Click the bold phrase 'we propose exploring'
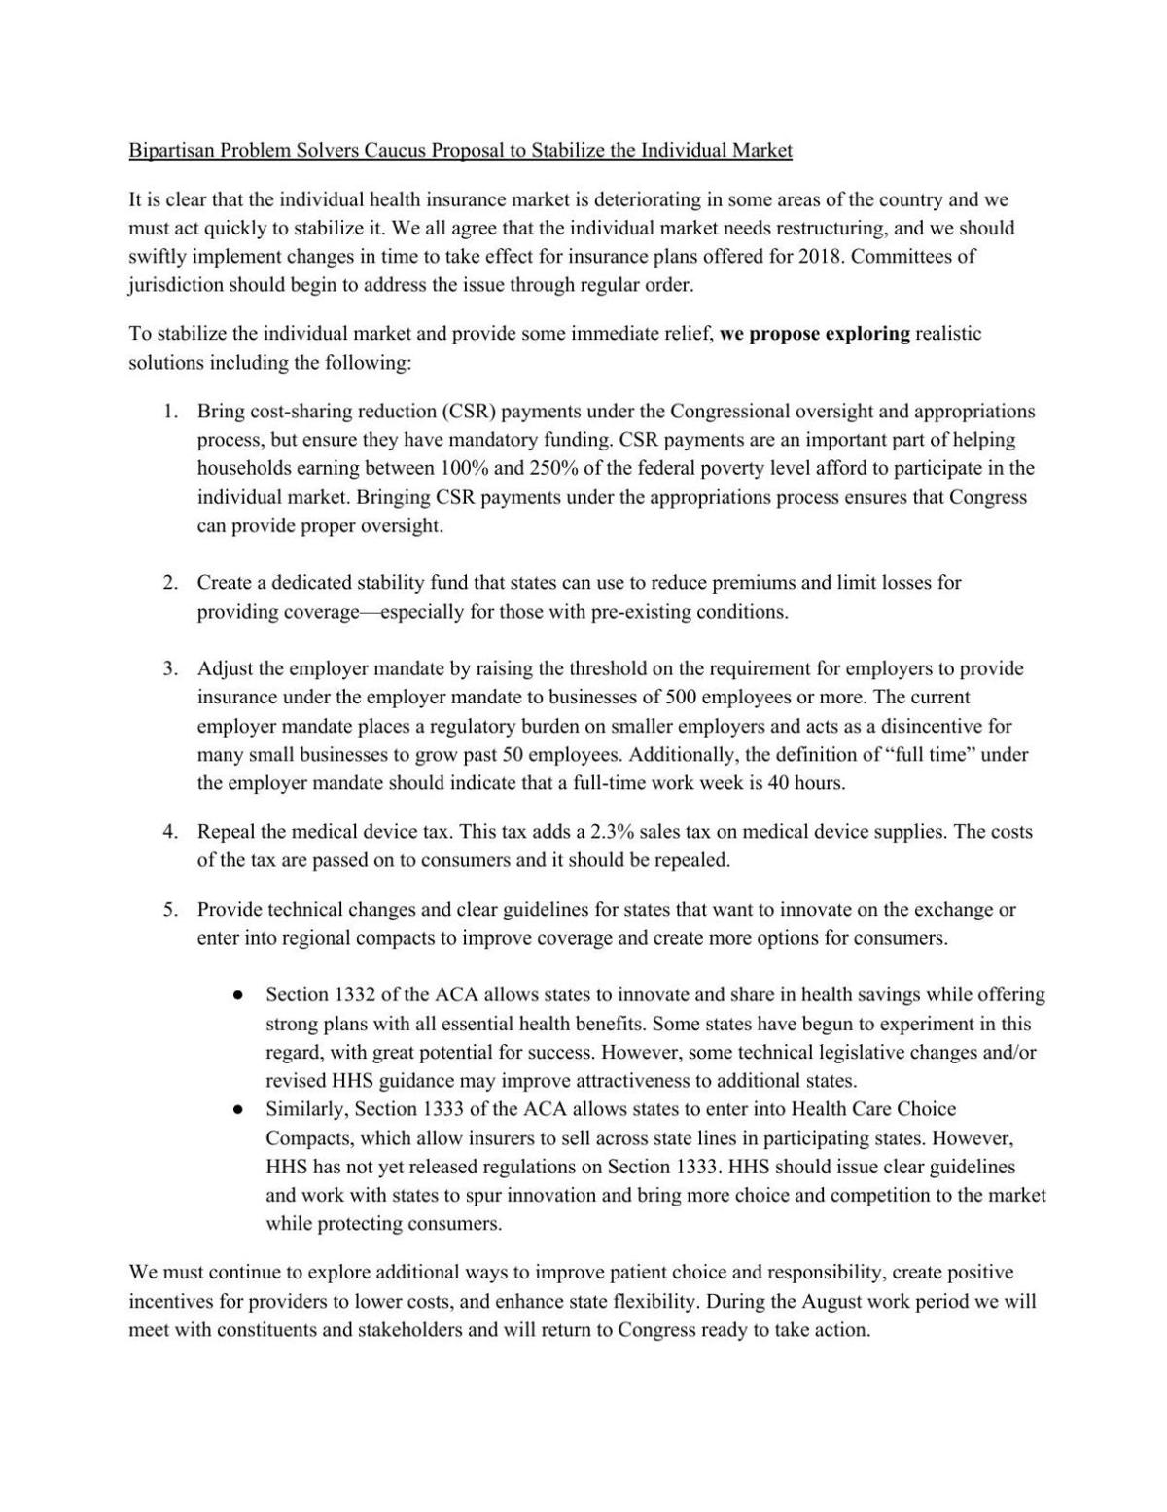[x=815, y=334]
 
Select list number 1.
[x=170, y=412]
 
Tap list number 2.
[x=170, y=583]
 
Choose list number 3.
[x=170, y=669]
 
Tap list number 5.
[x=170, y=910]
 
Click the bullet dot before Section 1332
[x=237, y=995]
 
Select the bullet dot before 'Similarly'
[x=237, y=1109]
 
